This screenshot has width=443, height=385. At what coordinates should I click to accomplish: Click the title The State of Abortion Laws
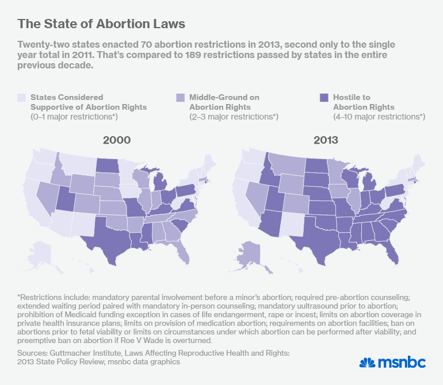101,24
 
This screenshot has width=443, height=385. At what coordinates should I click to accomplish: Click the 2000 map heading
117,140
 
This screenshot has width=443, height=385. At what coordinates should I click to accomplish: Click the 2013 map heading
326,140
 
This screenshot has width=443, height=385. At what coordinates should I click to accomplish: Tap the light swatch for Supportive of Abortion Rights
22,98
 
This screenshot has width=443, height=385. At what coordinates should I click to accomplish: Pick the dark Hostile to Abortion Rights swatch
322,98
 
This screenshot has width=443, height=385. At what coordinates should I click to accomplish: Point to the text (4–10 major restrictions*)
371,117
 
